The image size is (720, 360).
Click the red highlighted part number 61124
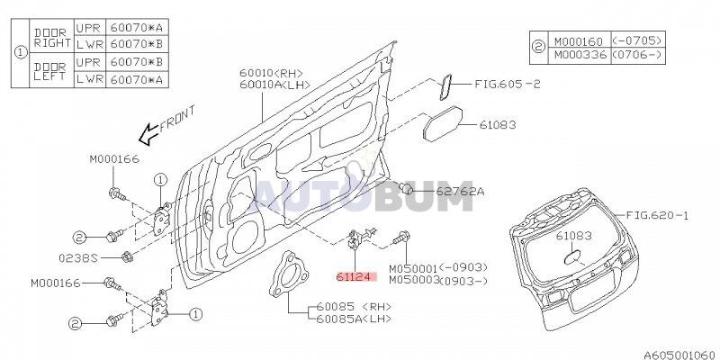tap(356, 277)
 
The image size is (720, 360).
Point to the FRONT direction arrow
tap(148, 134)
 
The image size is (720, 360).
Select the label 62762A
tap(460, 191)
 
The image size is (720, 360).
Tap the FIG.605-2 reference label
tap(508, 84)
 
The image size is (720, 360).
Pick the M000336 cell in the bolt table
tap(580, 55)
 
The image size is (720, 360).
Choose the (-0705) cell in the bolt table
tap(638, 40)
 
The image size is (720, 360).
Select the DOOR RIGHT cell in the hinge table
tap(52, 36)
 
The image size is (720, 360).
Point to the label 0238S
tap(78, 258)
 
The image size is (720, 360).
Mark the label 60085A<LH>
tap(354, 319)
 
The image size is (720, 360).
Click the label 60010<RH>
tap(271, 73)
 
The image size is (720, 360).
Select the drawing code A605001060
tap(681, 355)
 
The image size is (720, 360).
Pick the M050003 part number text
tap(415, 281)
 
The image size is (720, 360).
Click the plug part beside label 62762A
tap(406, 188)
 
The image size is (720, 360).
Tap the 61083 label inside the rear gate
tap(573, 236)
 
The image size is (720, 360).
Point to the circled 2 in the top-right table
tap(538, 48)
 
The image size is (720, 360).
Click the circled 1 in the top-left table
tap(20, 53)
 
